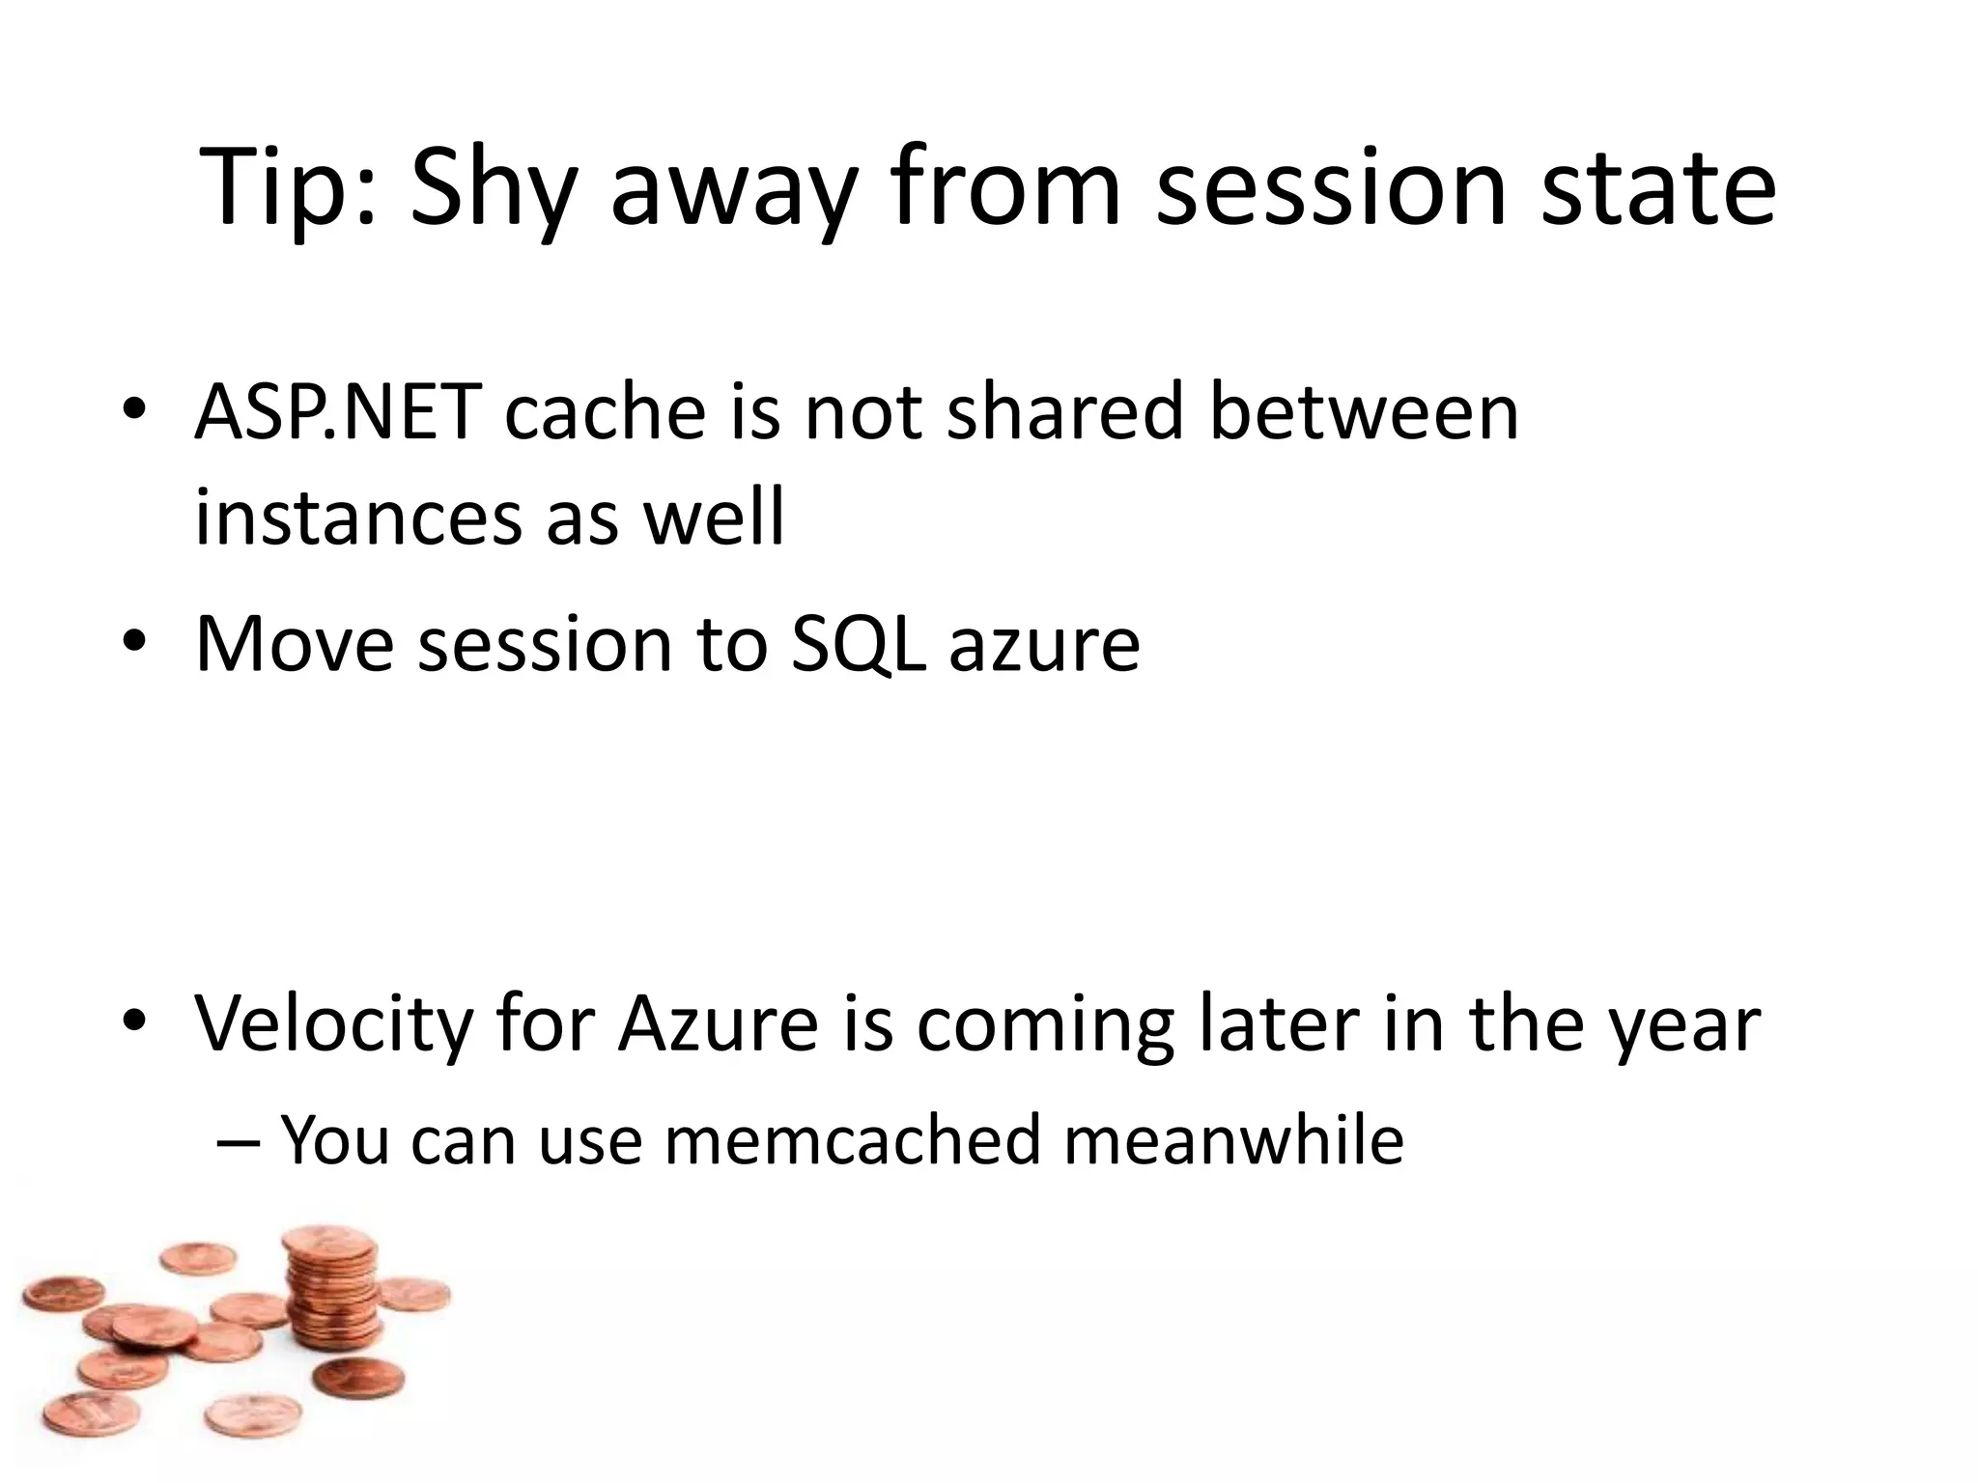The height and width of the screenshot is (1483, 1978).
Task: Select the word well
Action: pos(714,518)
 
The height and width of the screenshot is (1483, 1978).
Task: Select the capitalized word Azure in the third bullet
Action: pos(719,1022)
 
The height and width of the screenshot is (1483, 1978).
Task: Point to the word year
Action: pos(1681,1022)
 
